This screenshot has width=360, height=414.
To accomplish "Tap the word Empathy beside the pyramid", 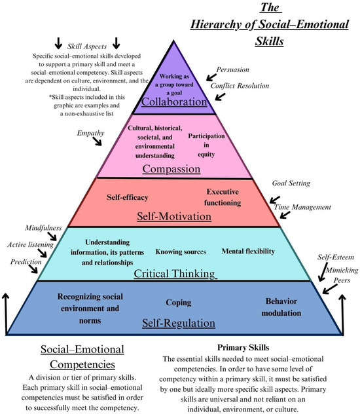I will (91, 133).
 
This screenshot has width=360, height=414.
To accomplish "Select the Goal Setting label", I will (291, 183).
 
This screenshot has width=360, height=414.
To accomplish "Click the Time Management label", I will (302, 207).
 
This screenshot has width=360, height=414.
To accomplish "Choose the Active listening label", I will (31, 244).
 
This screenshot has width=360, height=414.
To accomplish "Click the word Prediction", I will (26, 261).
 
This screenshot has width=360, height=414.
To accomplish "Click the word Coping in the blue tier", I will (179, 303).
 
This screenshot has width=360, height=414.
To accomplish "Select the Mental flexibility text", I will (248, 251).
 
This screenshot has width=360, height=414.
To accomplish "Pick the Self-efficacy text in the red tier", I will (127, 197).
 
